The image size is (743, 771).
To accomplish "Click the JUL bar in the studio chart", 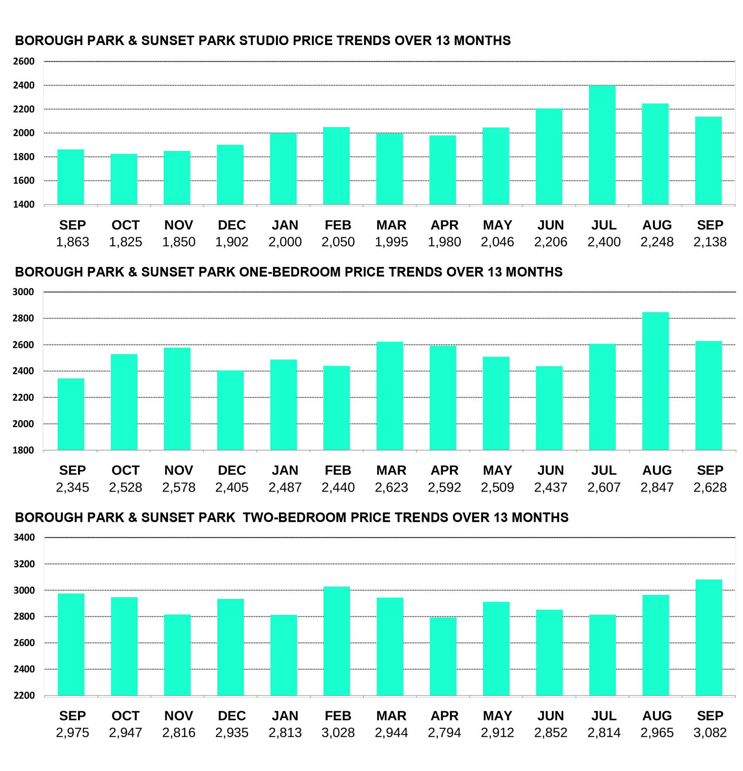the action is [602, 145].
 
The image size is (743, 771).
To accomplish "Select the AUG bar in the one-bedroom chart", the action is [655, 381].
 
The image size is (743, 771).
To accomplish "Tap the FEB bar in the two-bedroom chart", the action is [337, 641].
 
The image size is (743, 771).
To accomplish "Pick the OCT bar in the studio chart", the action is [124, 179].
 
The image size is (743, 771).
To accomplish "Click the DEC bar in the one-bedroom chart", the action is [230, 410].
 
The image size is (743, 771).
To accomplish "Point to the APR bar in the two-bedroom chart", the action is [443, 656].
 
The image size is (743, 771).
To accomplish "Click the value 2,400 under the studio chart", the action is [604, 242].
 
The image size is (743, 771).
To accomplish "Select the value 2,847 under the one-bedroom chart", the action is [657, 487].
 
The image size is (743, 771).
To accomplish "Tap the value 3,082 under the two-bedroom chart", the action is [710, 732].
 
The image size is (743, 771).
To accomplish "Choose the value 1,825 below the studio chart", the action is [125, 242].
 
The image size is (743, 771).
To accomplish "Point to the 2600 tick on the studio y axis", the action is [24, 61].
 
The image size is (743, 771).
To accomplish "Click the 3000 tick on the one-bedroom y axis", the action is [23, 292].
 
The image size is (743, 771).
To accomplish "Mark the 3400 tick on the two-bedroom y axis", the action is [24, 538].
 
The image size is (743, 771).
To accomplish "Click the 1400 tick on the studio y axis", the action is [24, 204].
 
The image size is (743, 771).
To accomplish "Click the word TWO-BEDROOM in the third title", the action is [294, 518].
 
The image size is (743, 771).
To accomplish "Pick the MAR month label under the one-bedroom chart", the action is [391, 470].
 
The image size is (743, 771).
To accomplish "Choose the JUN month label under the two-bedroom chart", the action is [551, 716].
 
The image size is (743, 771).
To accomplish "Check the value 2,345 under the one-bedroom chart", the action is [72, 487].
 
